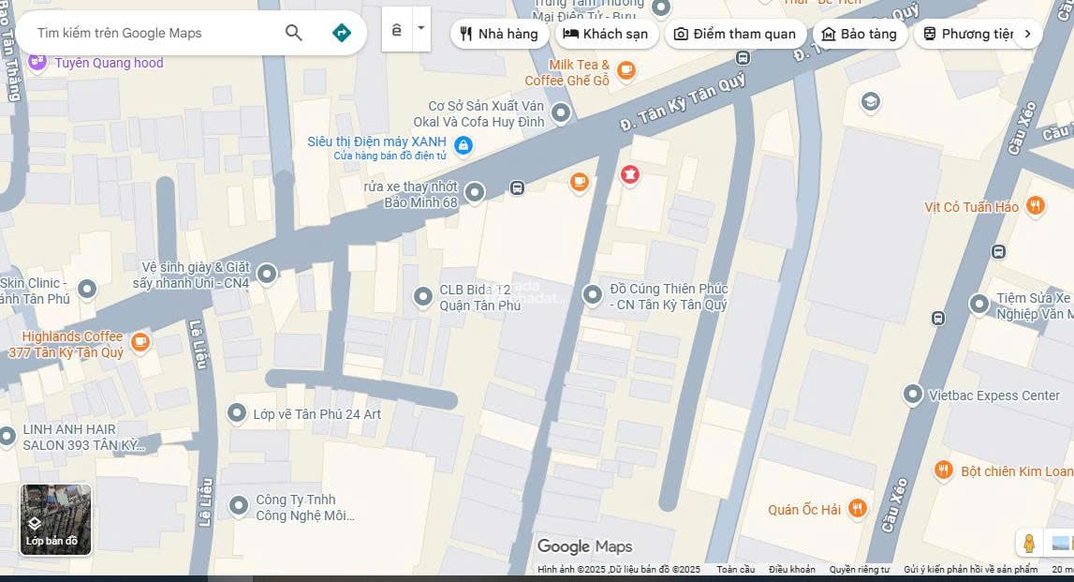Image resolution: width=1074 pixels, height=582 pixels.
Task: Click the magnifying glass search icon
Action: coord(294,33)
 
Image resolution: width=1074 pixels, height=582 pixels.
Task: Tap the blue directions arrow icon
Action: coord(342,33)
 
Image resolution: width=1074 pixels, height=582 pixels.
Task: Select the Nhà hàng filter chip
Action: coord(499,34)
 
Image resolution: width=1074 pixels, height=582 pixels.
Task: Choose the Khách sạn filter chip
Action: coord(606,34)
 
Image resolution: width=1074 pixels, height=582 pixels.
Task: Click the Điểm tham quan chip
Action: coord(735,34)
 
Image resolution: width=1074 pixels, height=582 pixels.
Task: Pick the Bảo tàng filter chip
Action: coord(859,34)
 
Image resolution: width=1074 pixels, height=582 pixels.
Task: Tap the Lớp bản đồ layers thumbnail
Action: coord(56,519)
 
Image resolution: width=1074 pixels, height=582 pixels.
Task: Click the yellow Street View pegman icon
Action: coord(1029,543)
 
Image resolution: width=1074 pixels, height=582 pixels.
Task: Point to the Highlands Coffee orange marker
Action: coord(140,342)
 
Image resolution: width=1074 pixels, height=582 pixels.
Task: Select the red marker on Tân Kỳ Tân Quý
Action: coord(630,174)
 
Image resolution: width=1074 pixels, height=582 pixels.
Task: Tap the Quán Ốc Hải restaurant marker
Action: coord(857,509)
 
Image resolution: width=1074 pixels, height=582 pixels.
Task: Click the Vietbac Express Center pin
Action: coord(913,395)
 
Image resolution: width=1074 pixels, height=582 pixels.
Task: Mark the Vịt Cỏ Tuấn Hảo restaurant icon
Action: coord(1035,206)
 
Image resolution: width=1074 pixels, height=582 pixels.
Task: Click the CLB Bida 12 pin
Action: coord(423,297)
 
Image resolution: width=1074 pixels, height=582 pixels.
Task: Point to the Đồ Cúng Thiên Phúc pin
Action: coord(592,295)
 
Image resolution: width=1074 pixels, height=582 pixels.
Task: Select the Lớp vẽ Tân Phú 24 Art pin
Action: coord(237,413)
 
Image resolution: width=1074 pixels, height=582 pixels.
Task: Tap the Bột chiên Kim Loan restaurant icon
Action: coord(944,470)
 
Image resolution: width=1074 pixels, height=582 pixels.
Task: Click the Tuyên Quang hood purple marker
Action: coord(37,63)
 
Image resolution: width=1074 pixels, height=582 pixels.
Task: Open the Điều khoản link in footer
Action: coord(791,569)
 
